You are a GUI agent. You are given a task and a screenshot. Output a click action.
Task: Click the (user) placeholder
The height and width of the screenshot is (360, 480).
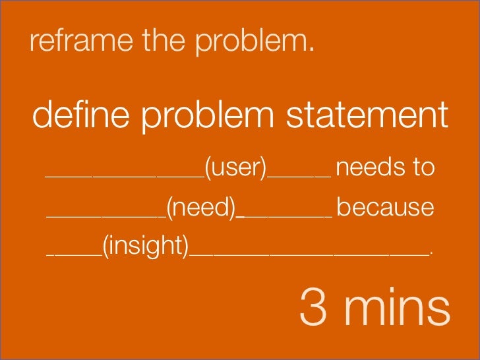click(235, 168)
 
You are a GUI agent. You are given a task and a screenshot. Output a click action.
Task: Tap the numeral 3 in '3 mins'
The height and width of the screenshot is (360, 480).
click(313, 308)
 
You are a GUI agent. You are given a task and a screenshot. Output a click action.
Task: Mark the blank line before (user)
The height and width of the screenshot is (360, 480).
click(124, 177)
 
